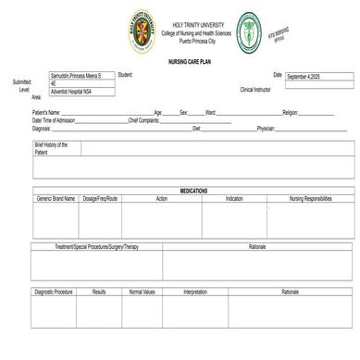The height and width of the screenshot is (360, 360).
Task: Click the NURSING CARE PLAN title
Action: point(183,61)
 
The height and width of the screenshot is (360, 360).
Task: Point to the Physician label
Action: point(266,129)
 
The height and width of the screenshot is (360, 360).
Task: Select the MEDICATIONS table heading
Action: point(192,191)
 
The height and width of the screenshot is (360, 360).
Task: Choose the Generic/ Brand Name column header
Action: point(56,198)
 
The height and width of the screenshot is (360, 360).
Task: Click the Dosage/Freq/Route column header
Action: point(100,198)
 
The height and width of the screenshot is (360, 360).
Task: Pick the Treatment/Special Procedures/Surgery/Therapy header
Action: point(96,247)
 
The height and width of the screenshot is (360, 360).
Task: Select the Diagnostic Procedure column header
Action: point(55,292)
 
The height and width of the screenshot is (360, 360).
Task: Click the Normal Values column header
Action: point(143,292)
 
